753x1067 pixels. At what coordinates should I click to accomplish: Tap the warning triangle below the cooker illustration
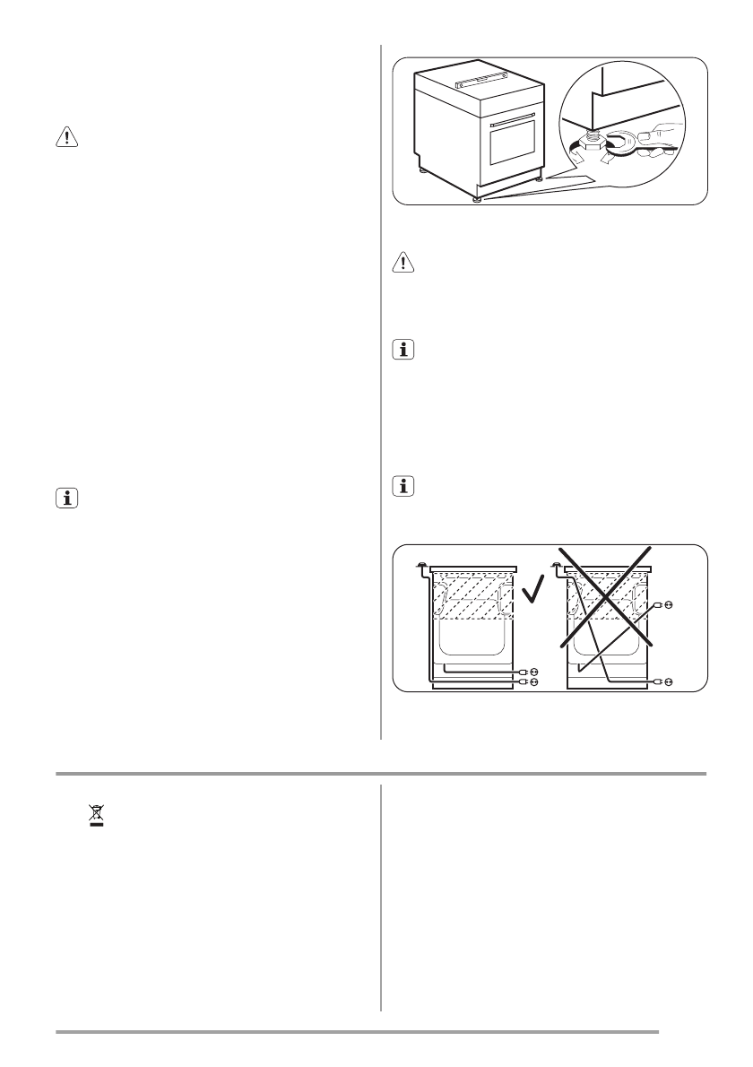coord(403,261)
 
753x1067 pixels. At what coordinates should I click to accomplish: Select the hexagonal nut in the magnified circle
coord(593,141)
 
